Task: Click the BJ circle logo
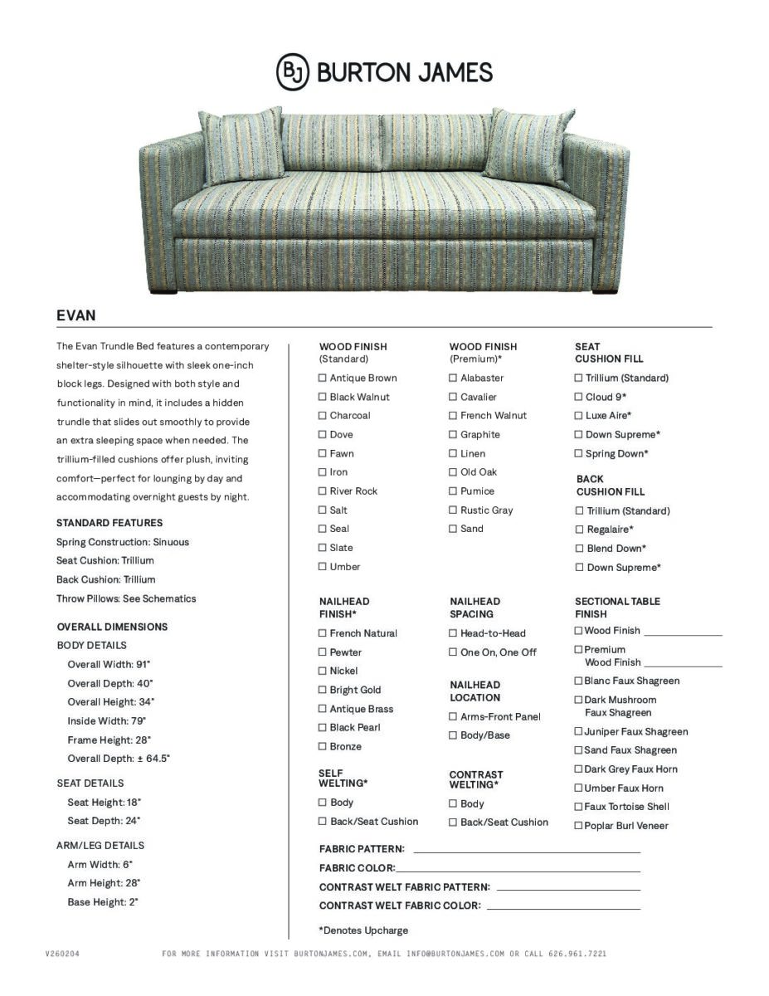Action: (292, 72)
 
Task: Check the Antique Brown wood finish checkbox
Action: (322, 378)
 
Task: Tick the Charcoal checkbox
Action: (322, 416)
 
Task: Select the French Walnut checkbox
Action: (453, 416)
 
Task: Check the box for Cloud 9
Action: (578, 397)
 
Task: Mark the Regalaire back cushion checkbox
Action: (579, 530)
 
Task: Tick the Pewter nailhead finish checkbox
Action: (322, 652)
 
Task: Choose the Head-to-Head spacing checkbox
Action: (453, 633)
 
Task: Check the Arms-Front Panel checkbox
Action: (453, 716)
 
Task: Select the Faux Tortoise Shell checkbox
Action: (578, 807)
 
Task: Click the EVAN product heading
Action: (75, 315)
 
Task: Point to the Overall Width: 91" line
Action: (109, 664)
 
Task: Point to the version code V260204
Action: (62, 954)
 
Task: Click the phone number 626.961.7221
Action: (577, 954)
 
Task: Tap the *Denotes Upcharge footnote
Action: (363, 930)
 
